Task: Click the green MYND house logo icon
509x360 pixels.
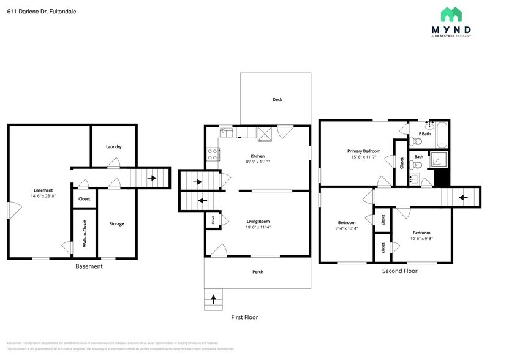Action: (453, 15)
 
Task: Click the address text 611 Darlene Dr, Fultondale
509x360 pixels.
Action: (33, 12)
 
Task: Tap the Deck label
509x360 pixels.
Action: (277, 99)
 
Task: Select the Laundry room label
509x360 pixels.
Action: (113, 147)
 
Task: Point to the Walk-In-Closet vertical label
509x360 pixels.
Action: (85, 233)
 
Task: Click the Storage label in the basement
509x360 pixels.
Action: (116, 224)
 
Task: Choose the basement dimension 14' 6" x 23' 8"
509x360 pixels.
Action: (43, 196)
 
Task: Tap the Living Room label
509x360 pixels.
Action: (258, 222)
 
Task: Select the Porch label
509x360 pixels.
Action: (258, 272)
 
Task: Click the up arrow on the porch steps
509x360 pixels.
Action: (213, 299)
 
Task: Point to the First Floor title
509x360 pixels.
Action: (244, 317)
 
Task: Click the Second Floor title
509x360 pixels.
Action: (399, 271)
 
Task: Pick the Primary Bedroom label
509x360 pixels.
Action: (363, 151)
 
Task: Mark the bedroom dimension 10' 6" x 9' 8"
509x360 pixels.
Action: (421, 239)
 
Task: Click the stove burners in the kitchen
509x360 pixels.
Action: (213, 154)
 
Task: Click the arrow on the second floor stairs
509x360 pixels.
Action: (464, 197)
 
